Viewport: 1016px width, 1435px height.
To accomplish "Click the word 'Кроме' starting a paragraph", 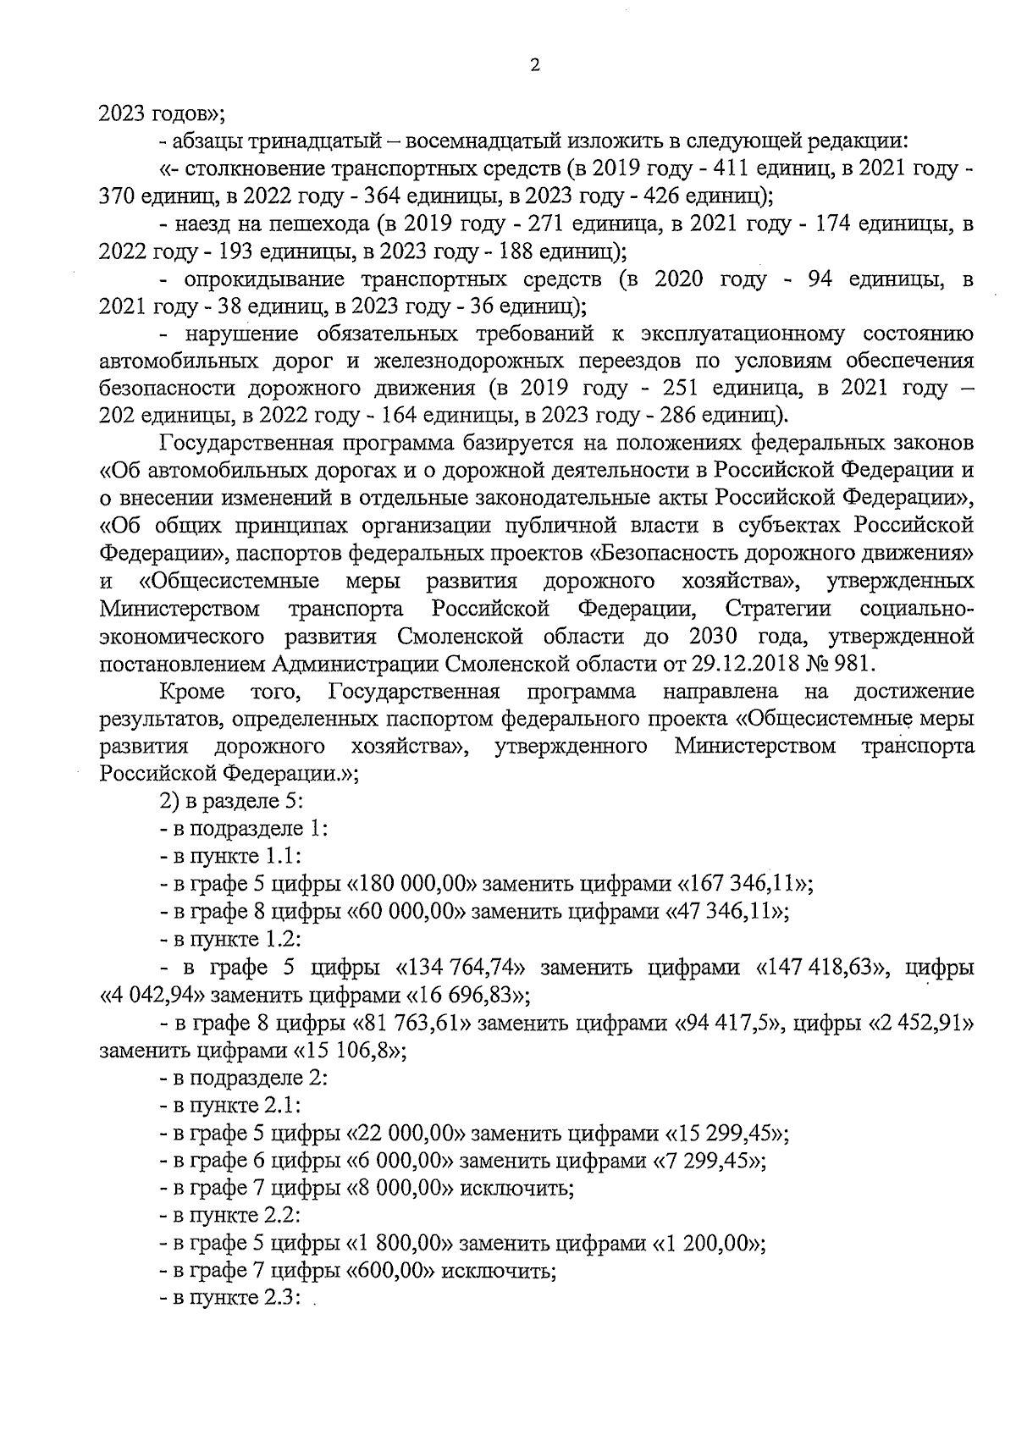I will [x=191, y=692].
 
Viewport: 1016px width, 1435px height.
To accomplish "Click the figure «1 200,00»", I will [x=704, y=1244].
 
